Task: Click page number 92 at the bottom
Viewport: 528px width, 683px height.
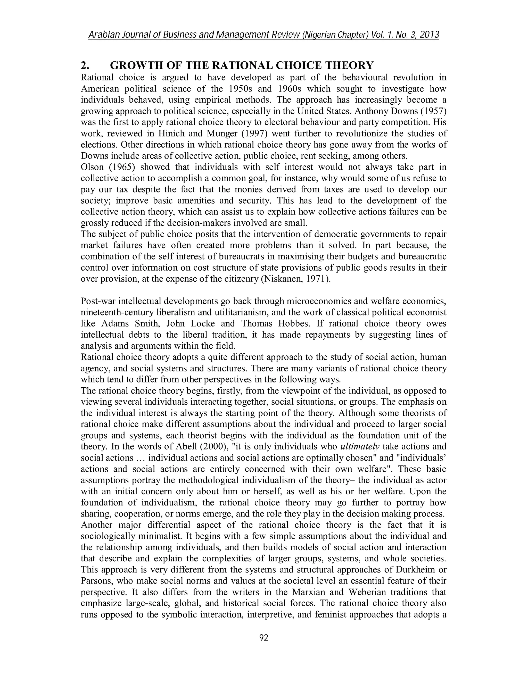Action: (x=264, y=638)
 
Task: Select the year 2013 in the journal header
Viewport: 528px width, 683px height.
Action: (x=429, y=35)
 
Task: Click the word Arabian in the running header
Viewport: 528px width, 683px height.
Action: (x=104, y=35)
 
